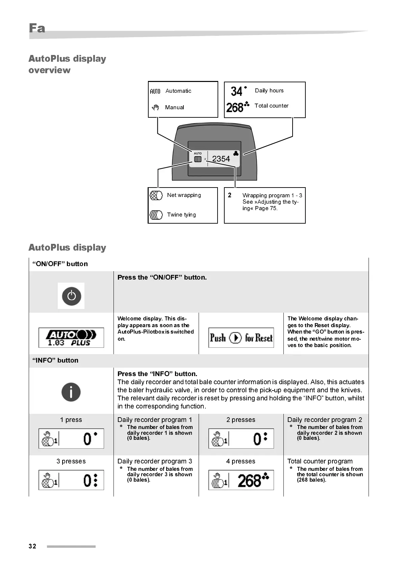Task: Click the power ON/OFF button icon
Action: [x=71, y=296]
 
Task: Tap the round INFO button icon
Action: [x=71, y=392]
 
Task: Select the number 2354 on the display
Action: [x=221, y=159]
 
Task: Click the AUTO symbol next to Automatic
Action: [x=155, y=91]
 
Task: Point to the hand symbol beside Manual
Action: [x=155, y=108]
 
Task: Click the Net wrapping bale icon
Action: [x=156, y=195]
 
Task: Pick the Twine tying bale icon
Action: [x=156, y=215]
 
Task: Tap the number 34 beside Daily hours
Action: [x=237, y=91]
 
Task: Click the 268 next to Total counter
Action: [x=235, y=108]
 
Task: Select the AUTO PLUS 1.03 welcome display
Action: [x=71, y=338]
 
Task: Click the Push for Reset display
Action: [x=241, y=338]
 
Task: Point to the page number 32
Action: [x=32, y=546]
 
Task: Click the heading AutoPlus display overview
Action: [x=67, y=64]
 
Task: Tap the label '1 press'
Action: [x=71, y=420]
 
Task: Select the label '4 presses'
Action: [x=241, y=461]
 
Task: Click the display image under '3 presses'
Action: [x=71, y=480]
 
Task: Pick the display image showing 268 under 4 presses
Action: [x=241, y=480]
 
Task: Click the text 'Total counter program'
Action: [x=320, y=461]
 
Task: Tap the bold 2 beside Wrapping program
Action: [x=230, y=195]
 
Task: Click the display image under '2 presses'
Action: [x=241, y=438]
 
